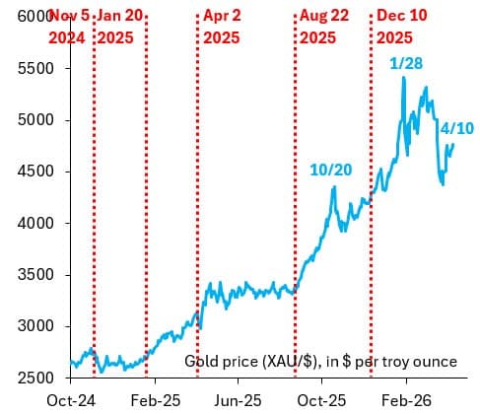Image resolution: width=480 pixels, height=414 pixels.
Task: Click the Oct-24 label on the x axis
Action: [x=72, y=400]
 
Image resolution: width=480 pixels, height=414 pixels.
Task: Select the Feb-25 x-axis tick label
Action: [x=156, y=400]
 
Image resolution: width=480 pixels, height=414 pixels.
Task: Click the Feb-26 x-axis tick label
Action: [x=406, y=400]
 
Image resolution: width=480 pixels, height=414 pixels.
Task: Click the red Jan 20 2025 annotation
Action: [x=121, y=28]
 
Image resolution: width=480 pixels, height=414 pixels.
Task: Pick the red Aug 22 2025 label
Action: [x=326, y=28]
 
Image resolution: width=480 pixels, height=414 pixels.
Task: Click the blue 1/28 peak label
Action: [x=408, y=64]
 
